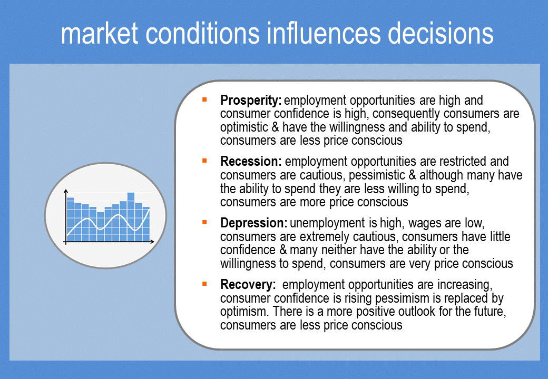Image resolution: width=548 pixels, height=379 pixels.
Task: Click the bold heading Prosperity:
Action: pyautogui.click(x=251, y=101)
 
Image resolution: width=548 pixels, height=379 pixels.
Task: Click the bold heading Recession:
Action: pyautogui.click(x=251, y=162)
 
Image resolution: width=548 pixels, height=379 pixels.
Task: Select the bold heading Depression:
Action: pyautogui.click(x=254, y=223)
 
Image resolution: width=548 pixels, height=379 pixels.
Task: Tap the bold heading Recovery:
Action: pyautogui.click(x=248, y=285)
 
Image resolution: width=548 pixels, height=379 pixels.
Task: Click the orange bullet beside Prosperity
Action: pyautogui.click(x=204, y=100)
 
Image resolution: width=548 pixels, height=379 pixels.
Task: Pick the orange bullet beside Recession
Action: pyautogui.click(x=204, y=161)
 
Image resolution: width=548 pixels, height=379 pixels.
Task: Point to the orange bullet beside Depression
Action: pyautogui.click(x=204, y=222)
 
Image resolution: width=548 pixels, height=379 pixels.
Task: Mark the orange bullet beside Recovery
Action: pyautogui.click(x=204, y=284)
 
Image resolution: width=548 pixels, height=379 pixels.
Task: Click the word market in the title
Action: pyautogui.click(x=100, y=33)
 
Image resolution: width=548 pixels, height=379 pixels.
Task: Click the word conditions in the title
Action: pyautogui.click(x=202, y=33)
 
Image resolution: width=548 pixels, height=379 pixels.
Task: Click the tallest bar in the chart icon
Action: pyautogui.click(x=131, y=217)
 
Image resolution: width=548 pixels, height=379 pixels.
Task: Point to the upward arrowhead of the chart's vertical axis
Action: pyautogui.click(x=66, y=191)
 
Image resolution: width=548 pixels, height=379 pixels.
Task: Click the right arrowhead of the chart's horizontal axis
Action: pyautogui.click(x=152, y=242)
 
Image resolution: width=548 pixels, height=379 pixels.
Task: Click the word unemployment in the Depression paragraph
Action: pyautogui.click(x=327, y=224)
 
